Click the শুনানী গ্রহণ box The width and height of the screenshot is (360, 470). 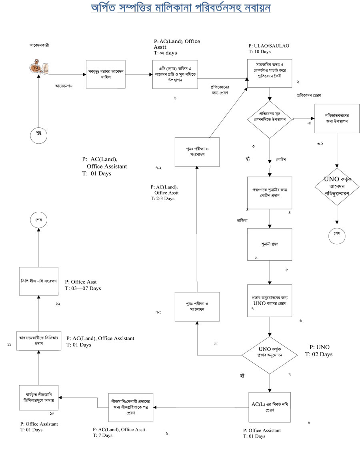(x=269, y=244)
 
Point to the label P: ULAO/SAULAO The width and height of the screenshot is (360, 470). (x=269, y=46)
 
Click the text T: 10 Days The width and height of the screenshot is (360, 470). (x=260, y=52)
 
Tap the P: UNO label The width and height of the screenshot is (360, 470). (x=320, y=347)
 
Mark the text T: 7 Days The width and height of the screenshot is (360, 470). (x=103, y=435)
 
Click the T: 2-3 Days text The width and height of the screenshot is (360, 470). (x=163, y=198)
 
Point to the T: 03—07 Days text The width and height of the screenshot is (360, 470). (x=83, y=288)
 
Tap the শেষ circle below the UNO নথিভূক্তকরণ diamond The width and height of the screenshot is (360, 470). (x=337, y=234)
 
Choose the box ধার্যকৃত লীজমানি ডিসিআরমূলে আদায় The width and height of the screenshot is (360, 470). (x=39, y=398)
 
